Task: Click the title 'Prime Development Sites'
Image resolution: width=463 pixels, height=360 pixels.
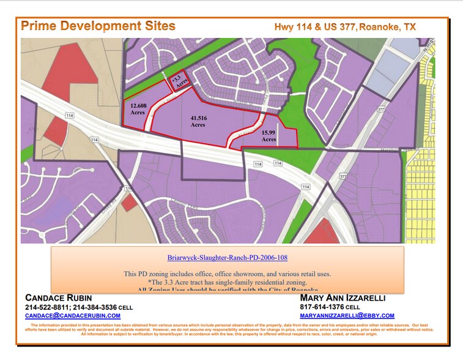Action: point(98,26)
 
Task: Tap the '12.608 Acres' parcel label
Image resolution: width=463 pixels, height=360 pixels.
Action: point(137,108)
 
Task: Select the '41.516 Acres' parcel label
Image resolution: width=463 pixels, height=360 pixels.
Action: point(198,121)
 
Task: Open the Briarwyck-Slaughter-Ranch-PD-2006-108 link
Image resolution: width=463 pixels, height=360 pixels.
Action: point(227,258)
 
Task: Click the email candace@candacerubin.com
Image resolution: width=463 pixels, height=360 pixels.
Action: point(73,315)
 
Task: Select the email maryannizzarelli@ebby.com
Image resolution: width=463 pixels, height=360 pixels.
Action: point(347,315)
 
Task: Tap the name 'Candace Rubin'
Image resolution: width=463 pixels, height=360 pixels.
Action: point(58,298)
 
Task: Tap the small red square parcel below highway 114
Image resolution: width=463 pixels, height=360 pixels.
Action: point(129,203)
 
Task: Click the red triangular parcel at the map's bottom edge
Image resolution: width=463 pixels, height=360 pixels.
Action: point(322,233)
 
